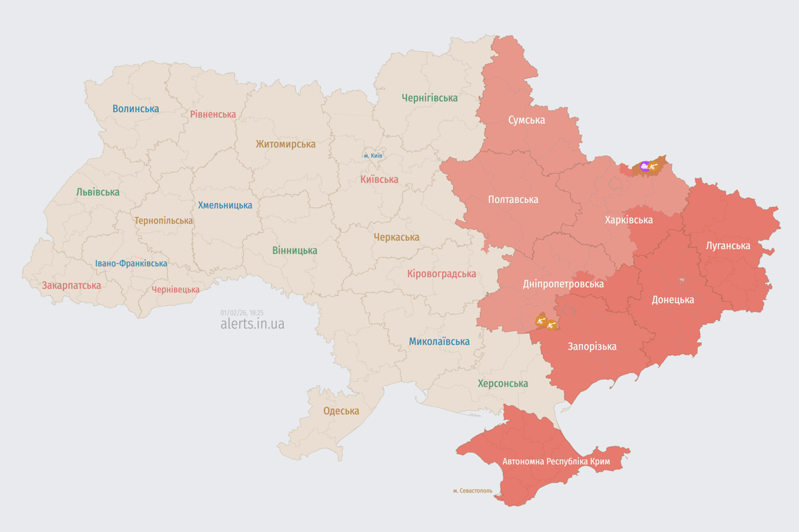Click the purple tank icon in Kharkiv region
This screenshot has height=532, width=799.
point(645,166)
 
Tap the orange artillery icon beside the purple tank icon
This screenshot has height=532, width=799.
point(655,166)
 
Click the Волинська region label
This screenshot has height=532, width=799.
point(135,109)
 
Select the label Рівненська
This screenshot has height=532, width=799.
point(213,114)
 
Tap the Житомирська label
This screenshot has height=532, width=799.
point(285,144)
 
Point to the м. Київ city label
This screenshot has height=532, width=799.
point(372,156)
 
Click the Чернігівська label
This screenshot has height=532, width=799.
point(429,98)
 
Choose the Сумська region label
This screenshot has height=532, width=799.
point(526,120)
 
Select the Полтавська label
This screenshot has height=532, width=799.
point(513,199)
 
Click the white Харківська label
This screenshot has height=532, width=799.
point(628,220)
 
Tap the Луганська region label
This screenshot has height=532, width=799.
point(728,245)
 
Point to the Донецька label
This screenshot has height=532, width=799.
point(672,300)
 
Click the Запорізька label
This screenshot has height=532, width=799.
point(592,346)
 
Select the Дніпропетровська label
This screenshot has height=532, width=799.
point(562,284)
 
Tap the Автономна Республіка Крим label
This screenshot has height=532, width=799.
point(556,461)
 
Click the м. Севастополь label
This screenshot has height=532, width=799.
point(472,490)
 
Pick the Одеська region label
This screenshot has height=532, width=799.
point(341,411)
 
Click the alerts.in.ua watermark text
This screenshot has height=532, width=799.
point(252,324)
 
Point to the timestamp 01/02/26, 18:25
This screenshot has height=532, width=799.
point(241,313)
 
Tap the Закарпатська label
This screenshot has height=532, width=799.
point(71,285)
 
